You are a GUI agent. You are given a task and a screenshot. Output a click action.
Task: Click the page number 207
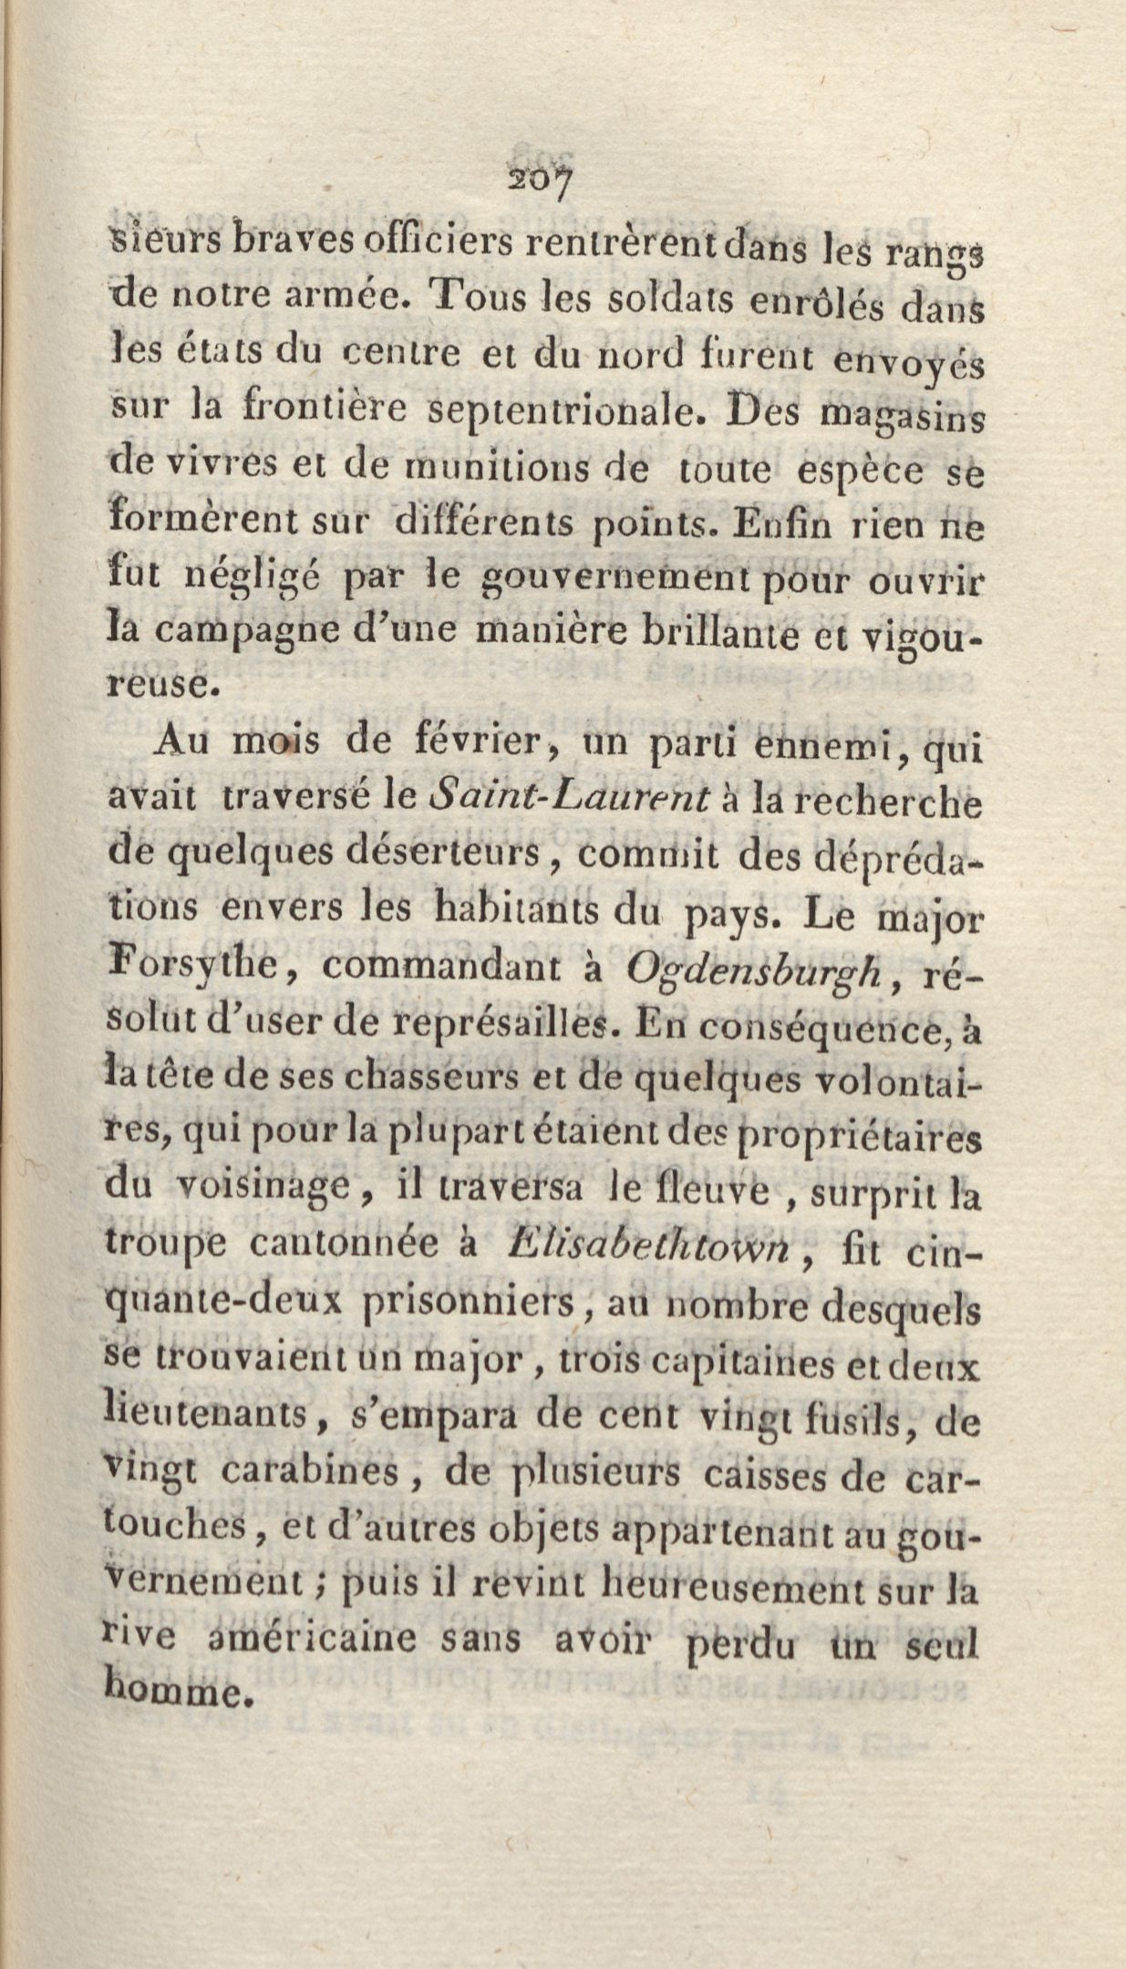[541, 181]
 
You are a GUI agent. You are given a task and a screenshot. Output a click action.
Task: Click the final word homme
[172, 1694]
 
